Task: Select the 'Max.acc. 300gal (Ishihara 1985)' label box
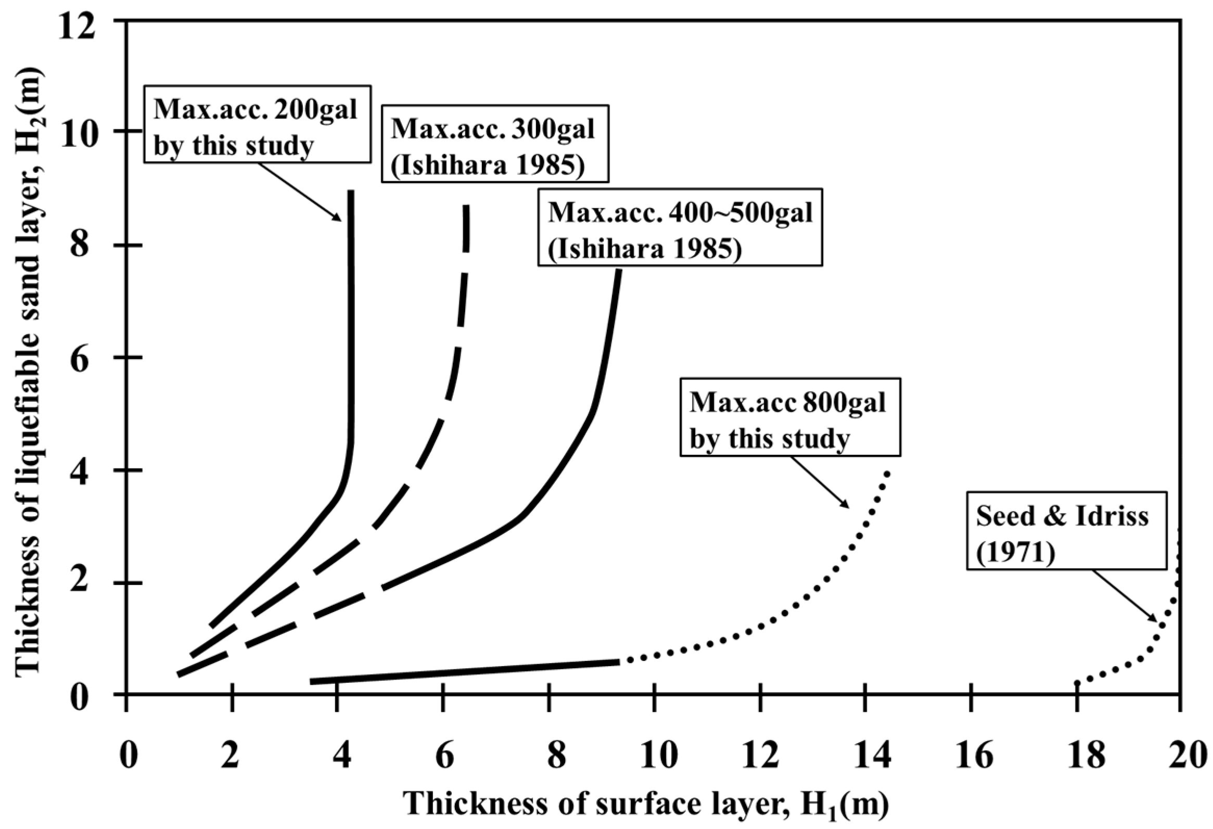(494, 143)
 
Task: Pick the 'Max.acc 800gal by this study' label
(790, 417)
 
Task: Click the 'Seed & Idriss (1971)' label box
(1065, 530)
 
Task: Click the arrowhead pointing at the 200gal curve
(338, 218)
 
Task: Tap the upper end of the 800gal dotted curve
(886, 473)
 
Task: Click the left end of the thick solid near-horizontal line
(312, 681)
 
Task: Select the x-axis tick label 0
(127, 757)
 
